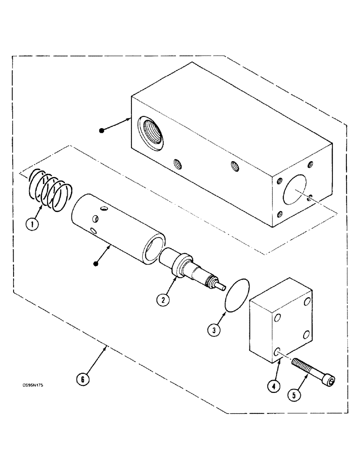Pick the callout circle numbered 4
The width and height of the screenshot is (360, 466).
273,385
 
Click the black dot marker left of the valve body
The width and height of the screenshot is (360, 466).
101,131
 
